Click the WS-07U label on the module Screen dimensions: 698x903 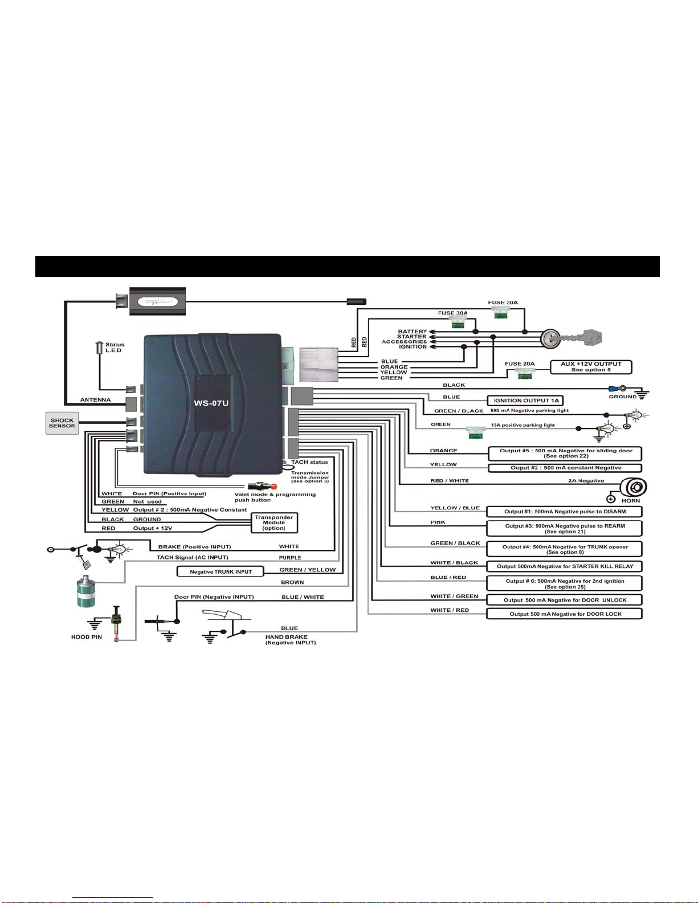[211, 404]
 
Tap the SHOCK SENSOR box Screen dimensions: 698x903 [62, 423]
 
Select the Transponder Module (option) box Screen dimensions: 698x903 [274, 523]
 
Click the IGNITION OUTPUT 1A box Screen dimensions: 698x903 [525, 401]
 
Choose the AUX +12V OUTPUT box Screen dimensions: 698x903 [591, 367]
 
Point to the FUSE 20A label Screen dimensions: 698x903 [520, 363]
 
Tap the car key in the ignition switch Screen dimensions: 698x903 [581, 340]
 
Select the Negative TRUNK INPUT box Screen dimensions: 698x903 [221, 571]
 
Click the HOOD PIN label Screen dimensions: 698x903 [87, 637]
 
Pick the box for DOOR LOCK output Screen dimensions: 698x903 [564, 614]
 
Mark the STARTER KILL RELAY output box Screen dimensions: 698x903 [564, 566]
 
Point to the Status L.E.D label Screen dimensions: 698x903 [115, 348]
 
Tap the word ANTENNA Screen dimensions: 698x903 [95, 400]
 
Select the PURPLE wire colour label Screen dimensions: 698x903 [290, 558]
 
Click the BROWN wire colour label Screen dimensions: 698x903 [292, 582]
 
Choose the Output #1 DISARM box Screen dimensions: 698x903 [564, 512]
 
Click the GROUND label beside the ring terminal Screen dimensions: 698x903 [622, 397]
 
